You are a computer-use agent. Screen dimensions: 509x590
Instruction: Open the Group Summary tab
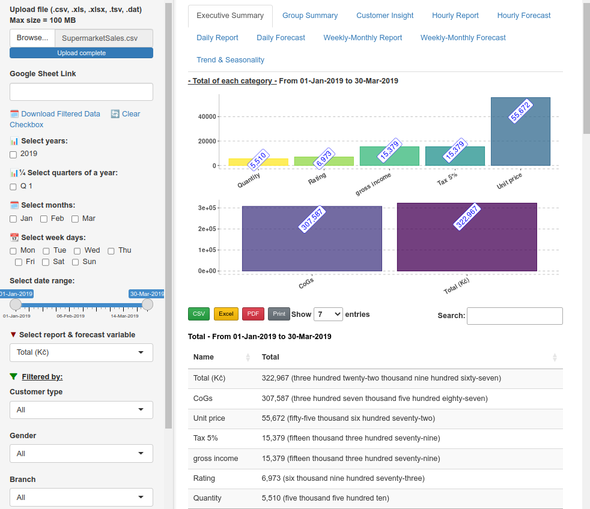pos(310,16)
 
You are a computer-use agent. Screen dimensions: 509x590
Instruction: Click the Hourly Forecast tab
pos(524,16)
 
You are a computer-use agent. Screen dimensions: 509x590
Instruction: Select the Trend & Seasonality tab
pos(230,60)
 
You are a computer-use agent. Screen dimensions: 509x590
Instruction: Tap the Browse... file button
pos(32,38)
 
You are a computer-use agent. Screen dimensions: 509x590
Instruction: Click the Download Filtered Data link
pos(61,114)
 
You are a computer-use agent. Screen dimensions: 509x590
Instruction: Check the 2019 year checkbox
pos(13,154)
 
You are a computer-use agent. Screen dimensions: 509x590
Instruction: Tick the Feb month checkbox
pos(44,219)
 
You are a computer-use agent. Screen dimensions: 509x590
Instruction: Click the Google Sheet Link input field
pos(81,92)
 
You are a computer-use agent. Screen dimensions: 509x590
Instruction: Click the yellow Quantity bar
pos(258,162)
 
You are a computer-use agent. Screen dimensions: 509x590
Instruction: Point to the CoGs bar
pos(312,238)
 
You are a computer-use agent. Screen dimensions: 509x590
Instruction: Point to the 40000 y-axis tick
pos(207,116)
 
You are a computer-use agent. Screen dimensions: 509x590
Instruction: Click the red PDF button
pos(253,314)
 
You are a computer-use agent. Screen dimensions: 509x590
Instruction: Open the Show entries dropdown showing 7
pos(328,314)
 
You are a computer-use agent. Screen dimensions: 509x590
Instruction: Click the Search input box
pos(514,316)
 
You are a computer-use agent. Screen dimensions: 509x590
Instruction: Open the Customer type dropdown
pos(81,410)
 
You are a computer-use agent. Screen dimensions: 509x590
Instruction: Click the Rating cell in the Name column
pos(204,478)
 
